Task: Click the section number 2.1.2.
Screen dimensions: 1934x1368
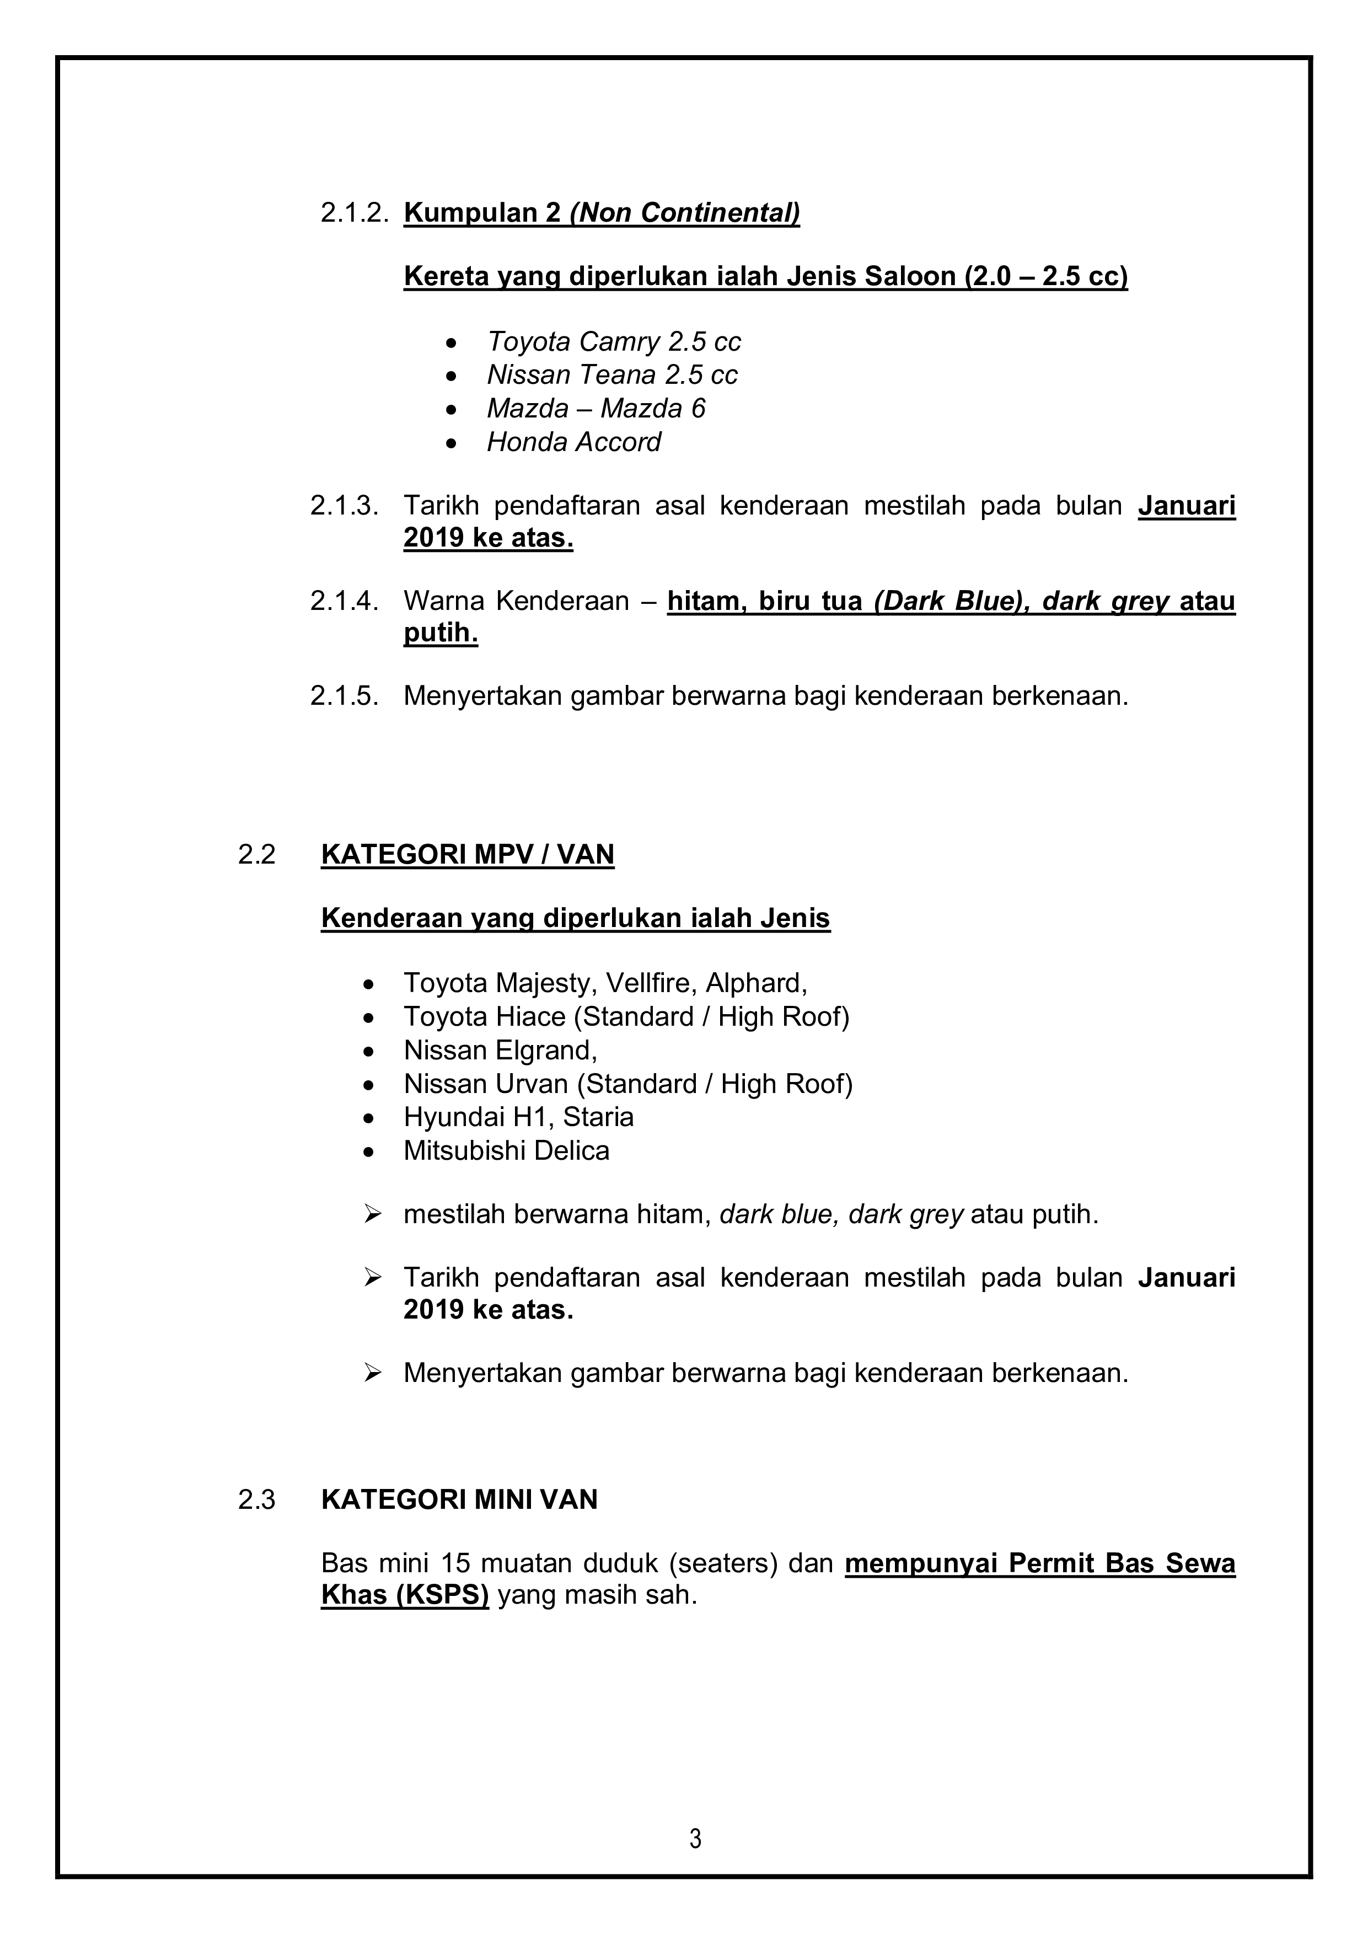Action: [x=354, y=212]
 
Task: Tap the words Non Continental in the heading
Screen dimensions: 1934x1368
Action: [x=685, y=212]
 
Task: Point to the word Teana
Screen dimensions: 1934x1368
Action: [x=619, y=375]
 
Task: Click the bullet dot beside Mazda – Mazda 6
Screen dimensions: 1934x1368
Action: [x=452, y=409]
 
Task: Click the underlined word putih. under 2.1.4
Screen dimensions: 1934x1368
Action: [x=441, y=633]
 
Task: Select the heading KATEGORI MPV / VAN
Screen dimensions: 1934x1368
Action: [x=468, y=854]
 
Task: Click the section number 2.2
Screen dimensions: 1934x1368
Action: [x=257, y=854]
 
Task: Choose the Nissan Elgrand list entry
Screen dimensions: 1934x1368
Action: [x=500, y=1051]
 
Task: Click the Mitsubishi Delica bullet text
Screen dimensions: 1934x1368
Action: [x=506, y=1150]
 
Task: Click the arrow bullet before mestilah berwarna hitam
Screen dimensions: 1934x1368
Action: [x=372, y=1214]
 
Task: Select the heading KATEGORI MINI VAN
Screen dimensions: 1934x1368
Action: [x=459, y=1499]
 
